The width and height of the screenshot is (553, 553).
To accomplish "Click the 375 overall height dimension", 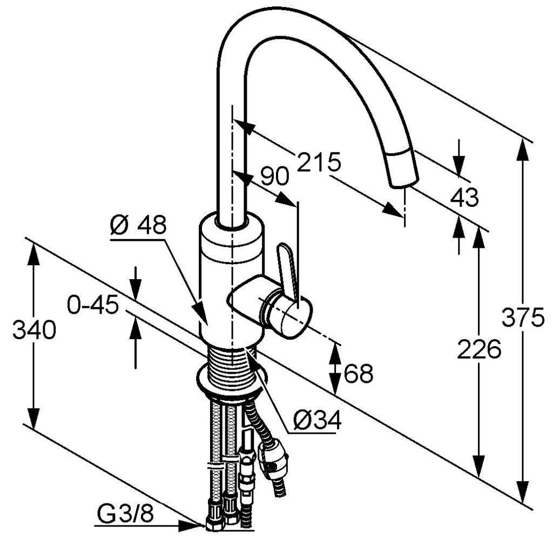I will coord(523,318).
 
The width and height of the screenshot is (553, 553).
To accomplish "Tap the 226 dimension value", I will coord(479,350).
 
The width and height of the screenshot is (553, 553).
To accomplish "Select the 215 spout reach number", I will coord(319,162).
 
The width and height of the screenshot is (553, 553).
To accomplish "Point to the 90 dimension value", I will coord(274,176).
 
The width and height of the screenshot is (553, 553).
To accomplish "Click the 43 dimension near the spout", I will coord(464,198).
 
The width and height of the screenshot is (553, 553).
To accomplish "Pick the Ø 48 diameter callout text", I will coord(138,225).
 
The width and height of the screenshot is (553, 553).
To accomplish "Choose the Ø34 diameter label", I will coord(318,420).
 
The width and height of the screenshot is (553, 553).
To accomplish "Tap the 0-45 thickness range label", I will coord(92,306).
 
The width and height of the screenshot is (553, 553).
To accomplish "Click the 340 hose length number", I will coord(34,330).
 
